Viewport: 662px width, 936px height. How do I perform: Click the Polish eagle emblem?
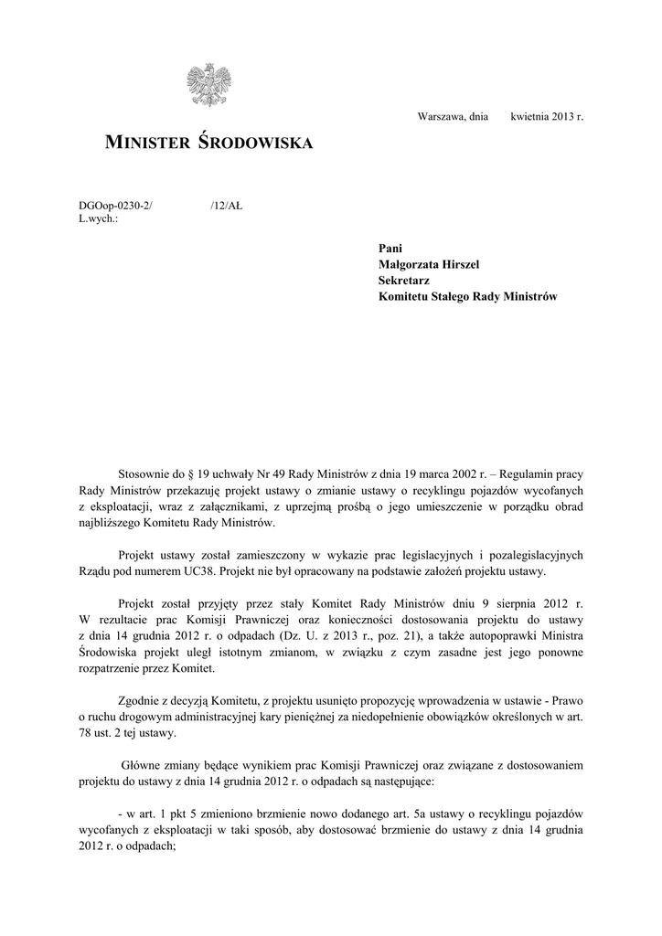pyautogui.click(x=208, y=85)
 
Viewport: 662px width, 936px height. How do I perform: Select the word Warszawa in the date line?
pyautogui.click(x=440, y=118)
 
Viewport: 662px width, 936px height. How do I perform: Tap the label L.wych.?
pyautogui.click(x=99, y=220)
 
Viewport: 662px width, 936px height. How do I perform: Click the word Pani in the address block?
pyautogui.click(x=390, y=249)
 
